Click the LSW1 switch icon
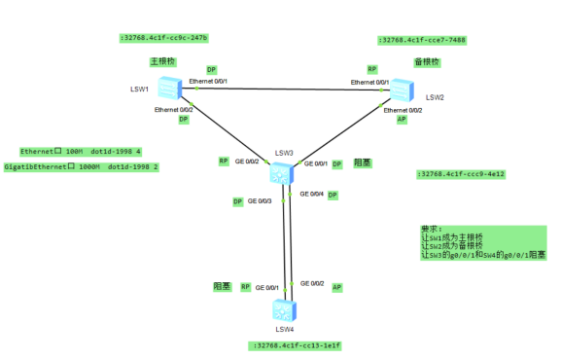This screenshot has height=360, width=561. (x=168, y=89)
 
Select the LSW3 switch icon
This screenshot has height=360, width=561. (x=283, y=173)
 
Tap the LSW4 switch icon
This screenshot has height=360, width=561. (x=284, y=310)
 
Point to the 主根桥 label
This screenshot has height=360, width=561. (x=162, y=61)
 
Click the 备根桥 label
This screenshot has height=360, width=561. (x=427, y=61)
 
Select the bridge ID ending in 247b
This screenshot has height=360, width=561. (x=163, y=38)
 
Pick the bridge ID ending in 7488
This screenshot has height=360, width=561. (x=422, y=40)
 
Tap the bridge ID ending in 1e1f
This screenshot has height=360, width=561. (x=295, y=345)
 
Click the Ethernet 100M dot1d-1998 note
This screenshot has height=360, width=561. (x=81, y=152)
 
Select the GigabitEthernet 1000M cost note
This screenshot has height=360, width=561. (x=81, y=167)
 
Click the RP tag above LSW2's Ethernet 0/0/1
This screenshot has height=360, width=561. (x=371, y=69)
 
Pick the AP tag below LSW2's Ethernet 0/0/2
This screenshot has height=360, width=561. (x=402, y=121)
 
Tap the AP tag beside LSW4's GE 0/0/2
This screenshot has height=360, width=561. (x=337, y=288)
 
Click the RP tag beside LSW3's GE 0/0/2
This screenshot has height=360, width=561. (x=223, y=161)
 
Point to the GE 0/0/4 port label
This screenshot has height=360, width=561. (x=310, y=195)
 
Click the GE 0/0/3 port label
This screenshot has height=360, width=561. (x=260, y=201)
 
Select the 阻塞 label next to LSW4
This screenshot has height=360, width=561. (x=222, y=287)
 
